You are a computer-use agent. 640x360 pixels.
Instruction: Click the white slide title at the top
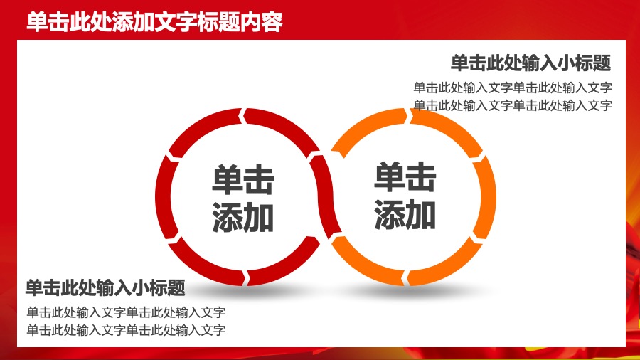(155, 22)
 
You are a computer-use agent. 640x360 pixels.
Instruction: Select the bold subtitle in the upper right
(530, 63)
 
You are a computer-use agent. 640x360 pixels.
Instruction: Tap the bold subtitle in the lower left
(105, 288)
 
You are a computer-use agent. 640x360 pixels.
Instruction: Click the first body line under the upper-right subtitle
(513, 88)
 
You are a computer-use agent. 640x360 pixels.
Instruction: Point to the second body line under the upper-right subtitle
(513, 105)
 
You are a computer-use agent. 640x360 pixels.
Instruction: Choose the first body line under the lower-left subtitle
(126, 312)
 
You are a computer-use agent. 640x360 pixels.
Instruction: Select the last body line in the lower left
(126, 329)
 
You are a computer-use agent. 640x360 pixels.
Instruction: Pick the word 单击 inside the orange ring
(405, 178)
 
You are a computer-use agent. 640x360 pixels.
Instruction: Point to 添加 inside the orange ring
(405, 214)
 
